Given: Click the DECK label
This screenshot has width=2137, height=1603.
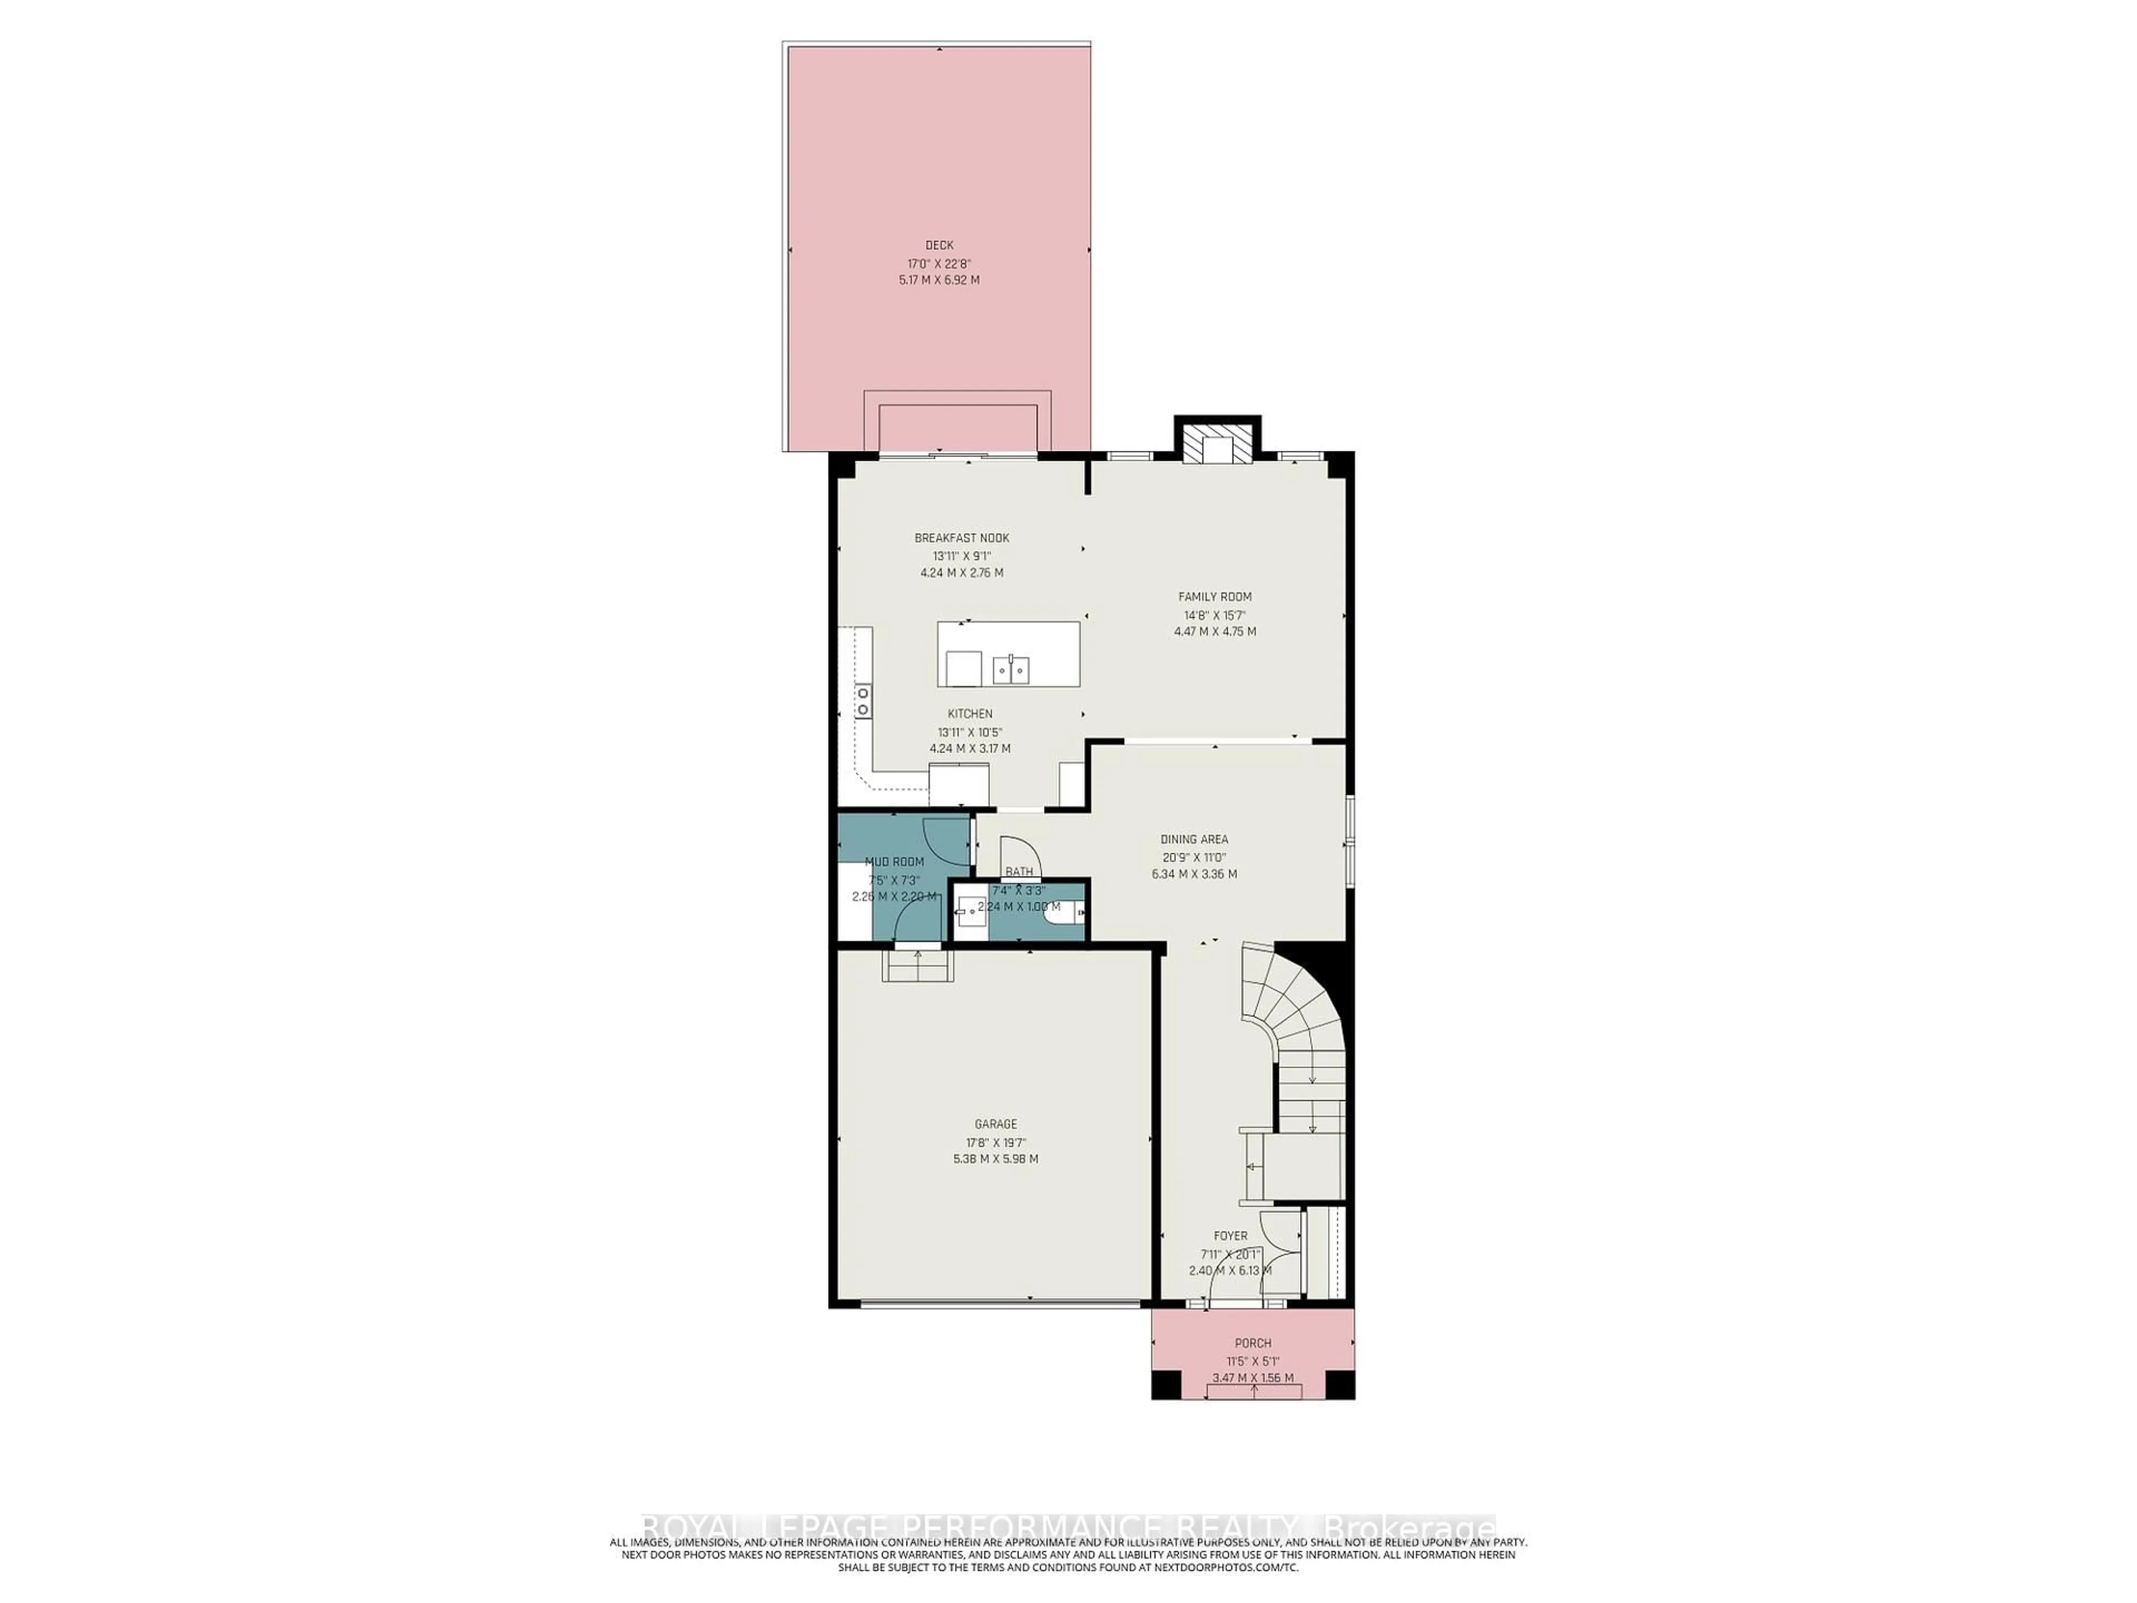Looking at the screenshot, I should click(938, 245).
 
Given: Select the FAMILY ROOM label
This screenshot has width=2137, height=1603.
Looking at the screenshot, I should click(1214, 597).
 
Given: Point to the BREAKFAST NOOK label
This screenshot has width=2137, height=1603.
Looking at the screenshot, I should click(961, 538).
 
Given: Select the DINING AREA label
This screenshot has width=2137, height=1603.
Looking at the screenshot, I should click(1194, 840).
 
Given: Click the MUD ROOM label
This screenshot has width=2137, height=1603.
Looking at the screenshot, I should click(894, 862).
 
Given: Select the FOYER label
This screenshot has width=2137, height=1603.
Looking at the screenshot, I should click(1230, 1236).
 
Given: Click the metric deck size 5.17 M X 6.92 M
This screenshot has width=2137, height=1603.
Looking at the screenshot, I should click(938, 280).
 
